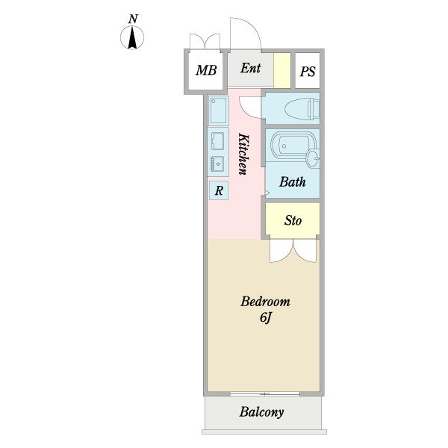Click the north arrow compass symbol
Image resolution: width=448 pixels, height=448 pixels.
[133, 37]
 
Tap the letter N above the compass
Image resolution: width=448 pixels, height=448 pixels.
[133, 18]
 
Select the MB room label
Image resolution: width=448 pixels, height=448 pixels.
[206, 71]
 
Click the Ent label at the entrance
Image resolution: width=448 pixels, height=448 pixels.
[250, 68]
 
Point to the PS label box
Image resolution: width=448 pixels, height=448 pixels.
[308, 72]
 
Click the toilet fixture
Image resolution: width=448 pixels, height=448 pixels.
[294, 109]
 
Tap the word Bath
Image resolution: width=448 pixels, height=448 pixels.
[292, 181]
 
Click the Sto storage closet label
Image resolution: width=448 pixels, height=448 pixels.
[293, 220]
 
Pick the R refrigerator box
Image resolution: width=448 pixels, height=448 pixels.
[219, 191]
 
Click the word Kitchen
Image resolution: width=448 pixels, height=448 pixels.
[243, 154]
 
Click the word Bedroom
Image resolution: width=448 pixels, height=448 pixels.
[264, 302]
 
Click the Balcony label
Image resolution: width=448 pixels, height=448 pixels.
[261, 412]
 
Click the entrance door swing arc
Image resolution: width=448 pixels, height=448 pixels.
[246, 34]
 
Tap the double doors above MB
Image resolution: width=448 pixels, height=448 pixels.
[204, 42]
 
